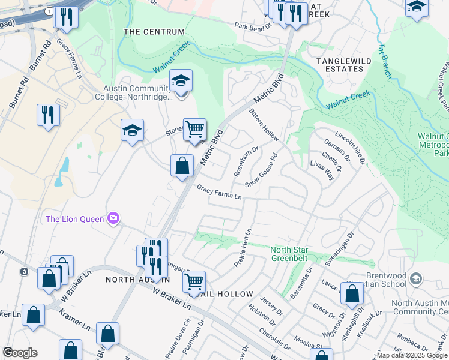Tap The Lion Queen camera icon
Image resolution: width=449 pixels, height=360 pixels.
112,218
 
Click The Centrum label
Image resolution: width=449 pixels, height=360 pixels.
154,32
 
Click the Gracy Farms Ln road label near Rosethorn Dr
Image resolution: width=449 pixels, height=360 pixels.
219,193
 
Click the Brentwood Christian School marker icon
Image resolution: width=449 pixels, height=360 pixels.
417,278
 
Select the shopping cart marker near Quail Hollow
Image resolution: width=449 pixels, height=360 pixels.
194,281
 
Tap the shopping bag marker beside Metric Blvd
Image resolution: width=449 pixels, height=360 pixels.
182,165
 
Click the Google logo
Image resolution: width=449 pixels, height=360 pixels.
20,353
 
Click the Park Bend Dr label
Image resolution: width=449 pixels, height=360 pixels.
254,27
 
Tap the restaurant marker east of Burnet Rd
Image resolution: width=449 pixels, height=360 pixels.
48,114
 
